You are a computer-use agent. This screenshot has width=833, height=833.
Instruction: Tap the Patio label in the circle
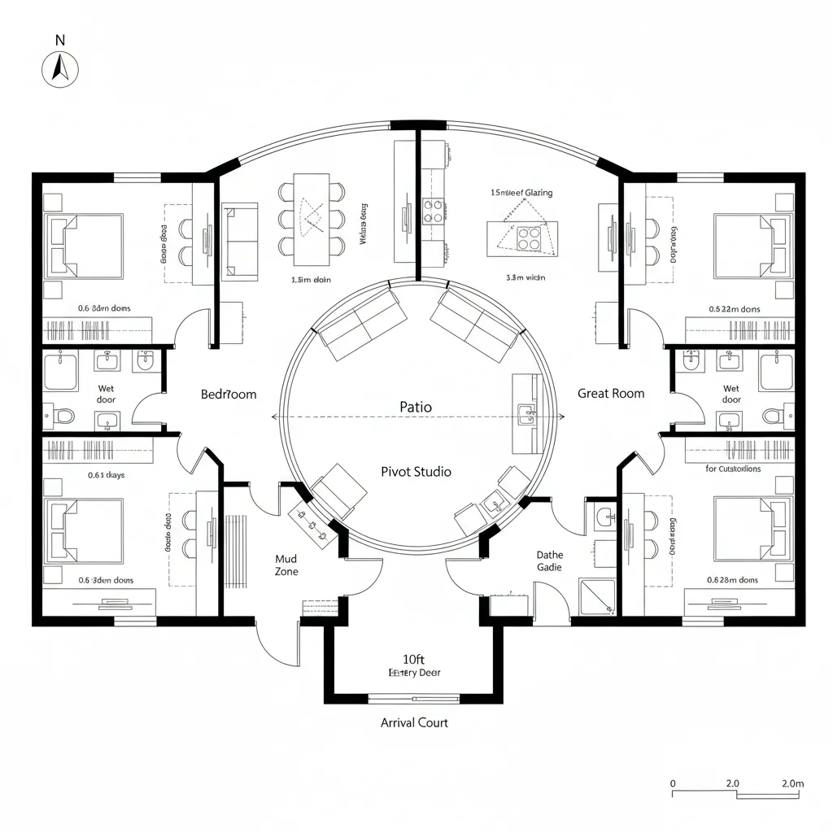416,406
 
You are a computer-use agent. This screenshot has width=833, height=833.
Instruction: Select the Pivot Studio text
416,472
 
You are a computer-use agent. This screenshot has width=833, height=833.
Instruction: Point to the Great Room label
610,393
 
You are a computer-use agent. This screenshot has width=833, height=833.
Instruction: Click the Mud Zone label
286,565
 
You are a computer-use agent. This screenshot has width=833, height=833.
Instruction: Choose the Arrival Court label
414,722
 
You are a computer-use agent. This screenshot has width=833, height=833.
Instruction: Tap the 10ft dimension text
414,659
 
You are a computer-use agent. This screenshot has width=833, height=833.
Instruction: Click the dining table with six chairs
312,219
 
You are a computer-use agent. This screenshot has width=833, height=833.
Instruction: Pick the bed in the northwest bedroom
84,246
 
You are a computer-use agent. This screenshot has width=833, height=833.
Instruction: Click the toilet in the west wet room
63,416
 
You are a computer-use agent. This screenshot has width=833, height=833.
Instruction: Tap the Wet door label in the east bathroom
731,395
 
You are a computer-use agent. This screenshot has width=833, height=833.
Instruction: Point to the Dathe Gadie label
549,561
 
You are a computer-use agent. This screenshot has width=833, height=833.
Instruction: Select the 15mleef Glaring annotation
521,193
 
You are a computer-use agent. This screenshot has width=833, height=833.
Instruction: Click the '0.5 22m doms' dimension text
734,309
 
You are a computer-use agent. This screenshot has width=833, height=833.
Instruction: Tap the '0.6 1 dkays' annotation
101,475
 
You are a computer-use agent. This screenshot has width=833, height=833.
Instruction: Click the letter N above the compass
59,40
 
